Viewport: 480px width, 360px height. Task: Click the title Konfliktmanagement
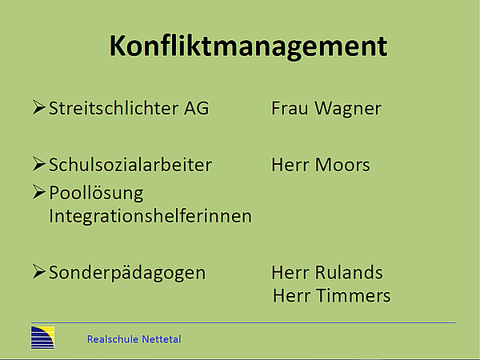[x=248, y=46]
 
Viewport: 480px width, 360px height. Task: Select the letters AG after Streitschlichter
[x=198, y=108]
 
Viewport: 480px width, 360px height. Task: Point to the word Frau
[x=288, y=108]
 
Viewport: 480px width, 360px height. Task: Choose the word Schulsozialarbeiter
[x=130, y=165]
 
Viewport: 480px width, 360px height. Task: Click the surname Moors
[x=342, y=165]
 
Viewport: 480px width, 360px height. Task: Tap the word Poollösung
[x=95, y=194]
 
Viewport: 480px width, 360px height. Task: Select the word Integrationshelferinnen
[x=150, y=216]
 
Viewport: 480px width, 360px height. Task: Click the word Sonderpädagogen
[x=127, y=273]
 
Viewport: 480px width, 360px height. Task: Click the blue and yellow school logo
[x=42, y=338]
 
